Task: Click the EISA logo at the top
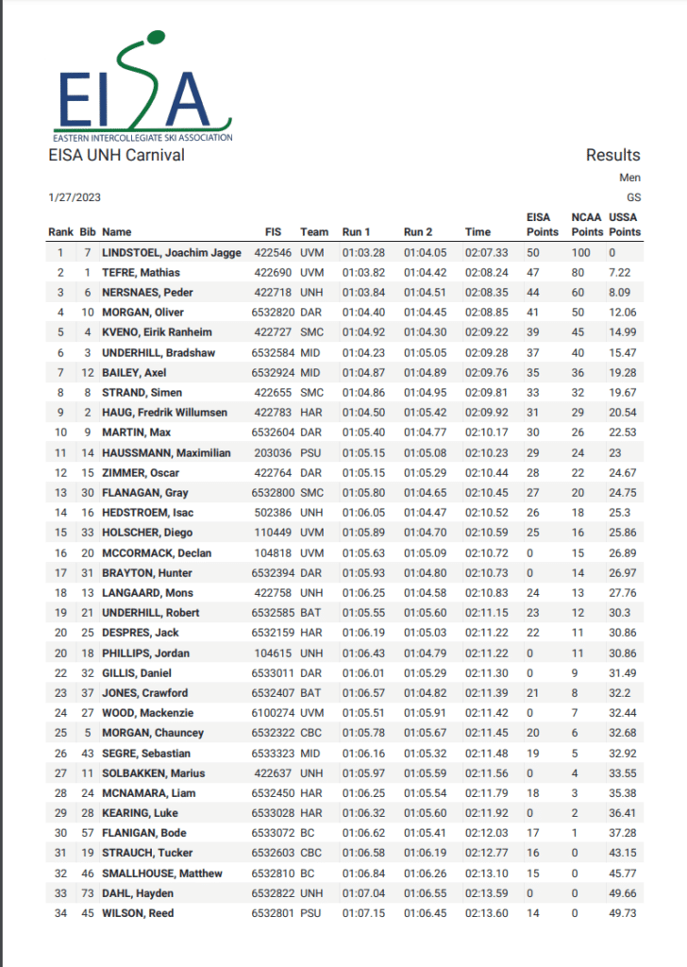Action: pos(139,88)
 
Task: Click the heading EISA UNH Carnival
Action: pos(116,155)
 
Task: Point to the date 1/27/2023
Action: pos(75,197)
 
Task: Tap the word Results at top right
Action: pos(612,155)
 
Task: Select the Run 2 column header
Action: pos(419,231)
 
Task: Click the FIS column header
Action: pos(274,231)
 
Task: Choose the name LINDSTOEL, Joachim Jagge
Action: pos(172,252)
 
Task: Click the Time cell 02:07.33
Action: pos(487,252)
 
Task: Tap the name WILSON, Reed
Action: pos(138,913)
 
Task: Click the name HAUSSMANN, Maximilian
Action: pos(166,452)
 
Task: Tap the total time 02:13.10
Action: pos(487,874)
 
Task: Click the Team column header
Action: pos(314,231)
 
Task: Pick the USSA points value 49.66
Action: pos(624,893)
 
